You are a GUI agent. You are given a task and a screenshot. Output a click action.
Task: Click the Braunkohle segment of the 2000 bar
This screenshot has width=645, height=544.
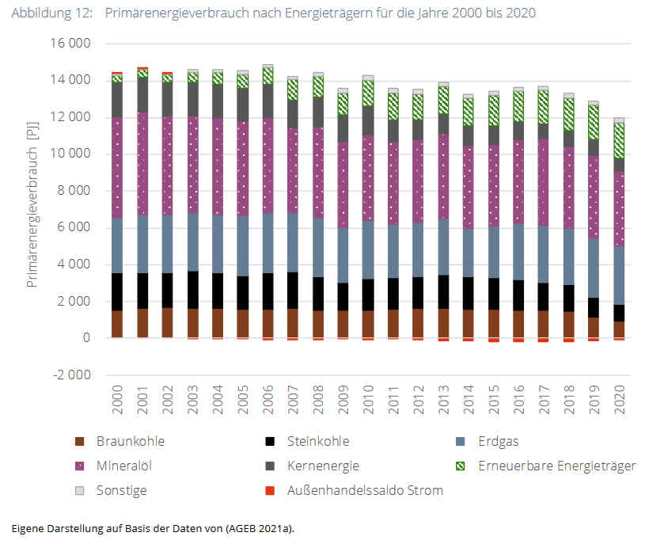117,324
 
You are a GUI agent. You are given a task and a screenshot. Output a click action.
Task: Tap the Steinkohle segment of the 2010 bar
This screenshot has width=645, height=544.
368,295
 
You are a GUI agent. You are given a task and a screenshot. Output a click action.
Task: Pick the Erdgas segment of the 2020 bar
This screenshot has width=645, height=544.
619,276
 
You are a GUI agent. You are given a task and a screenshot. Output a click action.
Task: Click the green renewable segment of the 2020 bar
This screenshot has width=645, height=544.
619,140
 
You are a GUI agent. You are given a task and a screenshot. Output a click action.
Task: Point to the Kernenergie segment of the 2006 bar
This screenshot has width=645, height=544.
268,101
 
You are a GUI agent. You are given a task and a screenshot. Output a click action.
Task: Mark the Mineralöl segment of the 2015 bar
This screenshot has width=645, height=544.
494,186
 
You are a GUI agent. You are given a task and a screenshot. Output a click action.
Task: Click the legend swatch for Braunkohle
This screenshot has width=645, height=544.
79,442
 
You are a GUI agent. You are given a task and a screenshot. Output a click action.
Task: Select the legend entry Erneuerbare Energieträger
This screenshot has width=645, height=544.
556,466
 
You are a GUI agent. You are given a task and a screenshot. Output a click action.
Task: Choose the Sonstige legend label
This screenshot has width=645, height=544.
121,490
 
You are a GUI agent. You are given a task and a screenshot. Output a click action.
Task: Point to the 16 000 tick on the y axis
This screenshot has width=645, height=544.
69,44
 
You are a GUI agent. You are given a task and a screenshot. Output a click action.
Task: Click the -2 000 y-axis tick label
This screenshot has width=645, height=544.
70,375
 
